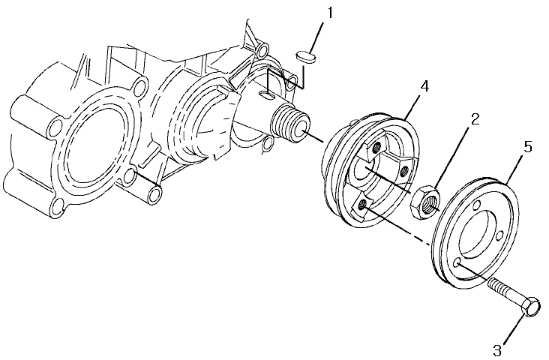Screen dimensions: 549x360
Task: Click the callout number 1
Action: tap(330, 13)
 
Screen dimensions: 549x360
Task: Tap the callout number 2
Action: tap(475, 119)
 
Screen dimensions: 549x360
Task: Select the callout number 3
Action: tap(497, 349)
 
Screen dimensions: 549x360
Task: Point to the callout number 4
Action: tap(424, 86)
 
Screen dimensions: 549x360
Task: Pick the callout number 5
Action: tap(528, 147)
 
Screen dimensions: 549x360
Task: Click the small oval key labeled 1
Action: tap(306, 57)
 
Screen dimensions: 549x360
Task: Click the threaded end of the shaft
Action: tap(290, 124)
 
